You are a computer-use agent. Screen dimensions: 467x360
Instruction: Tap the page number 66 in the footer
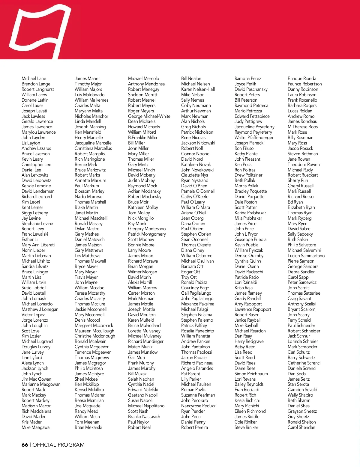[x=25, y=445]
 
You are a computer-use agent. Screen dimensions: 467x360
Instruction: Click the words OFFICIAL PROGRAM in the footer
[x=58, y=445]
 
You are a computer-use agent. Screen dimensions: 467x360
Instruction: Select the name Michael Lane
[x=34, y=79]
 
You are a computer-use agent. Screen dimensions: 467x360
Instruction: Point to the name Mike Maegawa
[x=35, y=427]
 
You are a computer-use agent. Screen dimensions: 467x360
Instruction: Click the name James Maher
[x=87, y=79]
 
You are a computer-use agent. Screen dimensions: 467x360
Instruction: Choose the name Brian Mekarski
[x=88, y=427]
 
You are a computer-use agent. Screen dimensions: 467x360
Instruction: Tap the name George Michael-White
[x=149, y=116]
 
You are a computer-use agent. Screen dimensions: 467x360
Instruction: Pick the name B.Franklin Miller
[x=143, y=138]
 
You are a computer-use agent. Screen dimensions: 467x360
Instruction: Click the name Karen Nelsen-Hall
[x=198, y=89]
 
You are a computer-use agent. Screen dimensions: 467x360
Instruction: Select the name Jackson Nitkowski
[x=198, y=143]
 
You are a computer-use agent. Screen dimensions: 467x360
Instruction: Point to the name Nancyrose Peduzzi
[x=199, y=406]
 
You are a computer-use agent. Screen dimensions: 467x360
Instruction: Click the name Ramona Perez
[x=248, y=79]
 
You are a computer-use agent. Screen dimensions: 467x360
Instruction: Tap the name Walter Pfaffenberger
[x=254, y=138]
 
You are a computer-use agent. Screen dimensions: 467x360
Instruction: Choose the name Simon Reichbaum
[x=251, y=374]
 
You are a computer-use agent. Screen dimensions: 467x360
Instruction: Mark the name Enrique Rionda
[x=302, y=79]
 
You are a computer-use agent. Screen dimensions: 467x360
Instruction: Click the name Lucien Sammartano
[x=306, y=256]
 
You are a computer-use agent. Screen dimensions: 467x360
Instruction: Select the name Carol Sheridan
[x=301, y=427]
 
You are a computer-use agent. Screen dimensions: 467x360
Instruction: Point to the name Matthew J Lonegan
[x=40, y=309]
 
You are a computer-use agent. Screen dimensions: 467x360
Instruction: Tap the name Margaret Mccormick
[x=94, y=326]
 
